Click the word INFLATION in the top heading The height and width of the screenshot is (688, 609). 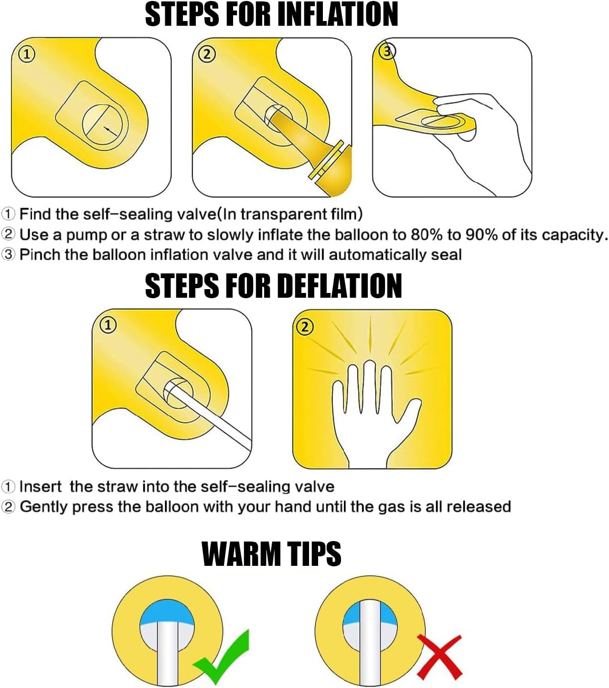click(337, 14)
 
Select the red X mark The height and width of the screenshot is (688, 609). click(439, 657)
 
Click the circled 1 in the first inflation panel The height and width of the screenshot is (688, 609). click(27, 54)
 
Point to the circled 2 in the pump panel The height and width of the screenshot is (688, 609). click(207, 54)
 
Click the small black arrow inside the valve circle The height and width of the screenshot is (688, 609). click(110, 131)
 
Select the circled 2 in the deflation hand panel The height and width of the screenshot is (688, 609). click(305, 327)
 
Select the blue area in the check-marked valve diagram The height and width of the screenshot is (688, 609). click(167, 612)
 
